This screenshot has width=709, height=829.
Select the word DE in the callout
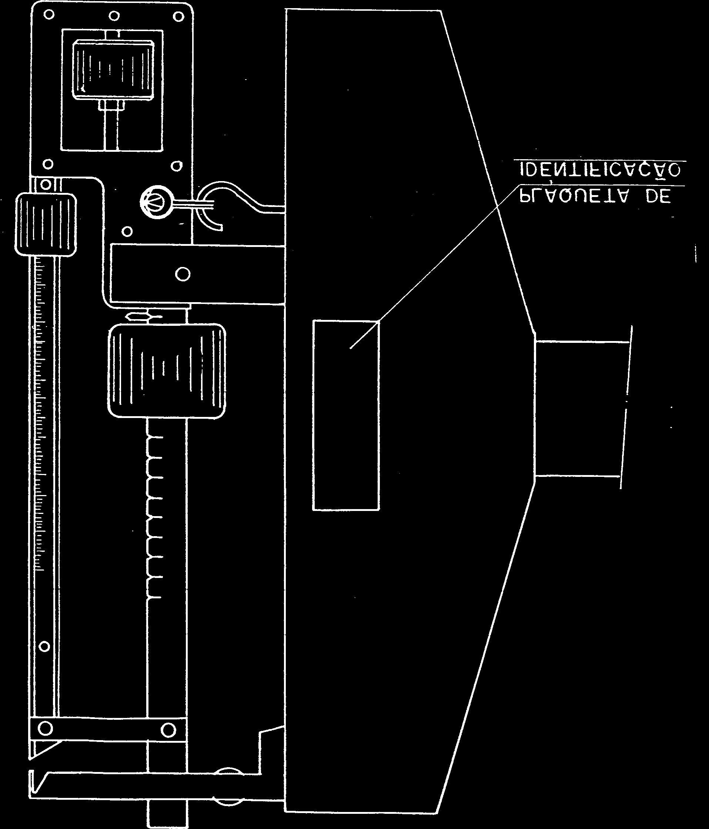coord(658,197)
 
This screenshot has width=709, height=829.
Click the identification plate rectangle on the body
coord(346,415)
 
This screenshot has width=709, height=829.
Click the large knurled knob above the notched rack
coord(167,371)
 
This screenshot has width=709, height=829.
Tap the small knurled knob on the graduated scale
coord(45,224)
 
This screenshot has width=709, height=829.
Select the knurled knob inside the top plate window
coord(113,70)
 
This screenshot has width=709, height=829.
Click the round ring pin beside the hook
coord(157,202)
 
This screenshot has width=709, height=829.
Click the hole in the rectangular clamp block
coord(183,274)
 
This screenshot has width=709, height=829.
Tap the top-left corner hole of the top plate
coord(49,15)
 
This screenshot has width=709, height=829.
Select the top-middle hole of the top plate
coord(114,16)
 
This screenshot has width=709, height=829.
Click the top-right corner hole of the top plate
coord(178,17)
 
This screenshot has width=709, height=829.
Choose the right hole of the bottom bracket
coord(168,730)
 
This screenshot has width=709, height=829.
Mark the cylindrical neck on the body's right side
coord(582,408)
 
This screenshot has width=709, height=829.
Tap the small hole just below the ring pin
coord(127,231)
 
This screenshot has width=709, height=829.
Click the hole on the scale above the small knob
coord(46,185)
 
